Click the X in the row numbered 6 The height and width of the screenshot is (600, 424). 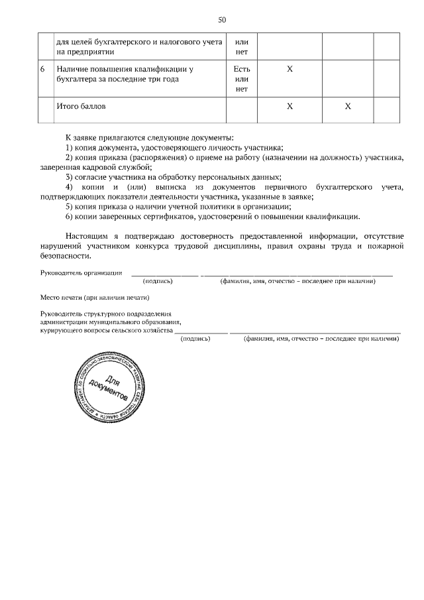click(x=289, y=68)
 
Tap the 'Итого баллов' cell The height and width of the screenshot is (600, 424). click(x=81, y=105)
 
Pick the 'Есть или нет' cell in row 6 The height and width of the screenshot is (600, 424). click(x=241, y=78)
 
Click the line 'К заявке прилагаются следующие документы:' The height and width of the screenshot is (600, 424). click(x=149, y=137)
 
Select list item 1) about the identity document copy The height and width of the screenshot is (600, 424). click(x=174, y=147)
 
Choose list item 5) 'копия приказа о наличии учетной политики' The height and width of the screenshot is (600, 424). click(x=178, y=206)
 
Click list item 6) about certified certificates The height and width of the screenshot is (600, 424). click(x=212, y=216)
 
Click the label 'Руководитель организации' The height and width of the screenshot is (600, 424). click(x=81, y=272)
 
